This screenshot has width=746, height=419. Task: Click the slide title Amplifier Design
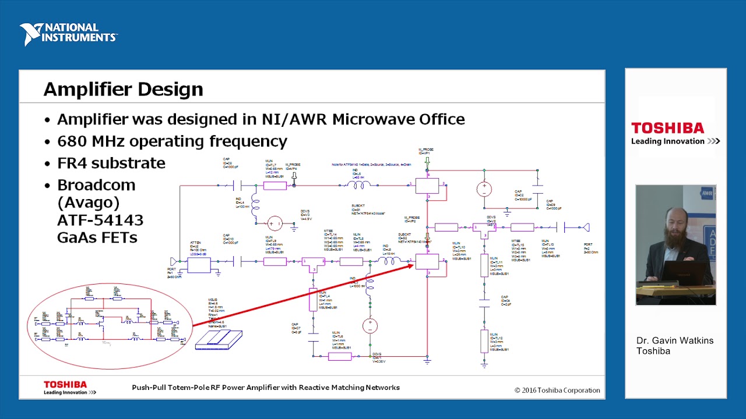(x=123, y=89)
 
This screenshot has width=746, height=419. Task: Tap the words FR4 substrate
(x=111, y=163)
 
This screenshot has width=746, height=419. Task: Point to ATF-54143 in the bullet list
(x=100, y=220)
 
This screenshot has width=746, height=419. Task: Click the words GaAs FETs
(x=97, y=237)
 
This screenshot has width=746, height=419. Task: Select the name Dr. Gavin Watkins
(x=674, y=340)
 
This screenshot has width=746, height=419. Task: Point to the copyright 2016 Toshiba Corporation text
(x=557, y=390)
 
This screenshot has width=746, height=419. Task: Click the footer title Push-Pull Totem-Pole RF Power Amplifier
(x=265, y=388)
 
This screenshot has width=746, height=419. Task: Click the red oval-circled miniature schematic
(x=110, y=326)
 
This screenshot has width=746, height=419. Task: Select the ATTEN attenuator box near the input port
(x=198, y=265)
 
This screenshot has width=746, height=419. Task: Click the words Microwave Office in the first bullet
(x=398, y=119)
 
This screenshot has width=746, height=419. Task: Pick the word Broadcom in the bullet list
(x=96, y=185)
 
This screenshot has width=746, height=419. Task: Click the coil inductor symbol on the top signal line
(x=358, y=185)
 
